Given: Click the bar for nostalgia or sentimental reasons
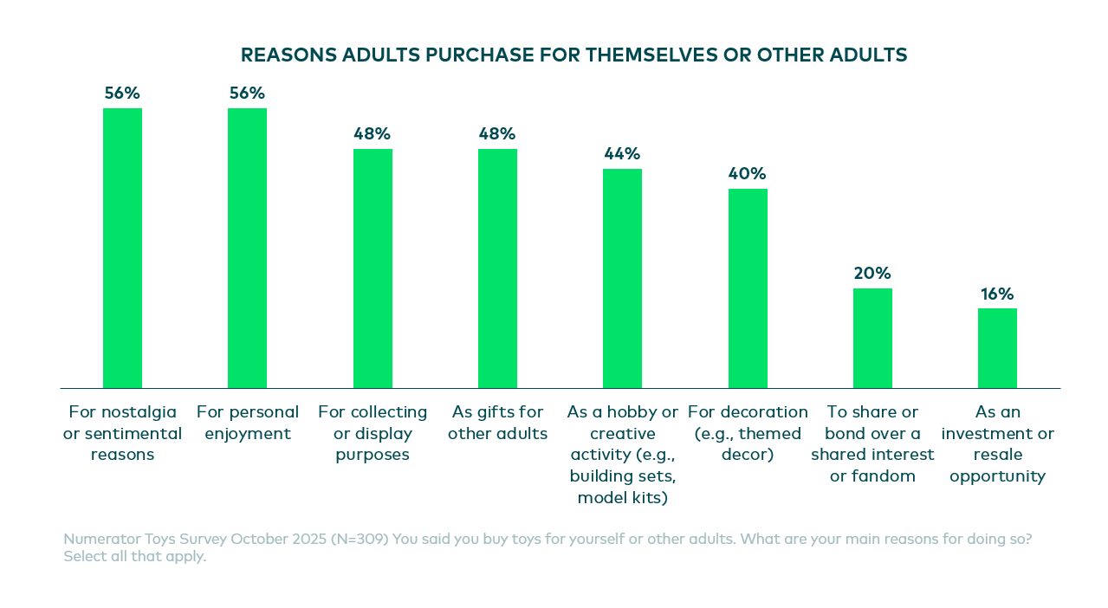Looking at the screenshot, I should (122, 248).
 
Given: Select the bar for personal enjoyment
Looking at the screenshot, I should (247, 248).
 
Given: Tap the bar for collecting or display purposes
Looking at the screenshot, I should (373, 268).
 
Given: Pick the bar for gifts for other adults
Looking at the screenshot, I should (497, 268).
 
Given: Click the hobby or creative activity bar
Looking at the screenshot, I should (622, 278).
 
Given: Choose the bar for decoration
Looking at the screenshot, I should (748, 288).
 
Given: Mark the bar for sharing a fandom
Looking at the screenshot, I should (872, 338).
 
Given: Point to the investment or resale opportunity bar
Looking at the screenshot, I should (997, 348).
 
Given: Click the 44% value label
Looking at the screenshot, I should (622, 154).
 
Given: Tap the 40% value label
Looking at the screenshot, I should (748, 174).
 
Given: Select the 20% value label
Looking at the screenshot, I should (872, 274).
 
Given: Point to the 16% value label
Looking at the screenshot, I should (997, 294).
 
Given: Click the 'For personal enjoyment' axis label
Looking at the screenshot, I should (248, 422).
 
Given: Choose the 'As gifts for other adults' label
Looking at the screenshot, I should (497, 422).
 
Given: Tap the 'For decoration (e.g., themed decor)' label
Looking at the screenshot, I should (748, 432).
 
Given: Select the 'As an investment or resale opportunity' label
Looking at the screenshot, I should (997, 443).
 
